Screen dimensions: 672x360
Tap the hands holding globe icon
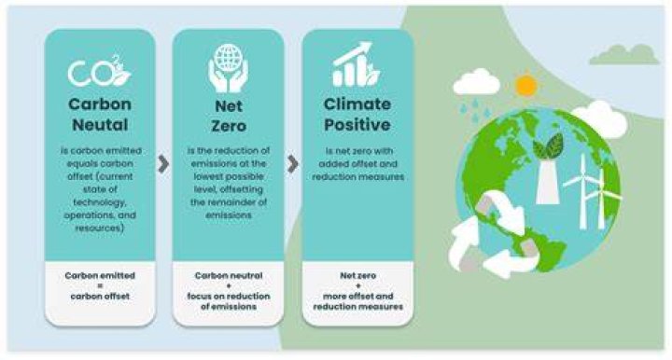click(228, 68)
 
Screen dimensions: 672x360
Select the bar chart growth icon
click(357, 64)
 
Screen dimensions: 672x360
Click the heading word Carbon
click(100, 104)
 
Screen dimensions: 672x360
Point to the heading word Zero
click(229, 126)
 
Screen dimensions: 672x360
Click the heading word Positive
click(357, 125)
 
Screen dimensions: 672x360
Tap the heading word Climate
click(357, 104)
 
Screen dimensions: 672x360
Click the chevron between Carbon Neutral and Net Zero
click(163, 164)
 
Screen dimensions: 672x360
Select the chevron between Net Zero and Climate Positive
click(293, 164)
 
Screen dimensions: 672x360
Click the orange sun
click(525, 85)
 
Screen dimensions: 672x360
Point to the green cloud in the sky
click(624, 54)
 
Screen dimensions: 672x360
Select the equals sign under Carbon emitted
click(100, 286)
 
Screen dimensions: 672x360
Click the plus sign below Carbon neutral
click(229, 286)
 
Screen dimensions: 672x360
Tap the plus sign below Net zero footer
click(357, 286)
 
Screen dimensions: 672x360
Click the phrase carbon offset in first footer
click(100, 297)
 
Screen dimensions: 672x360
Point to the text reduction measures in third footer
click(357, 307)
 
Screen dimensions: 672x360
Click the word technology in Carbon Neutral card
click(99, 202)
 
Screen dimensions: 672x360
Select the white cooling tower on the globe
click(548, 181)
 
